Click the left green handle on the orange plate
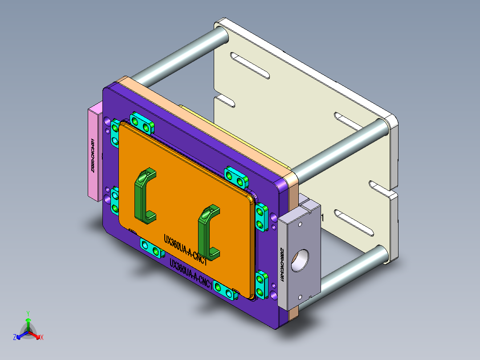143,196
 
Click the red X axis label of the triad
42,338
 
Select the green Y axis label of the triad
28,313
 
